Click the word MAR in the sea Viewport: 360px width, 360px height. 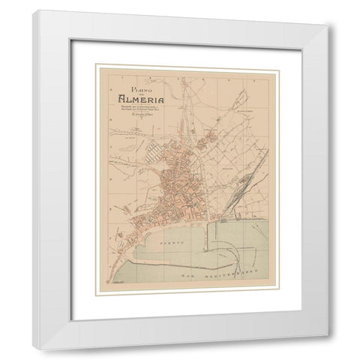click(189, 276)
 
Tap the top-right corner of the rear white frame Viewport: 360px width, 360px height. click(326, 26)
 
